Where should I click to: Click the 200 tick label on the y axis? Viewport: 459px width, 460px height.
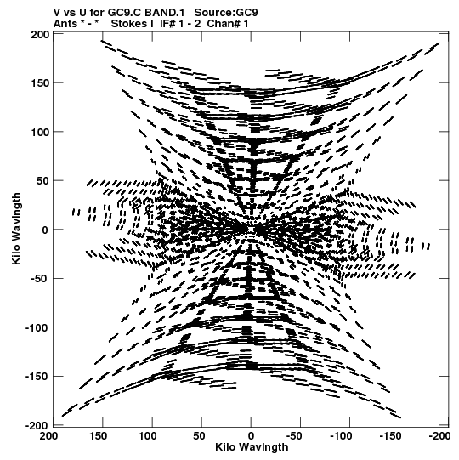point(40,35)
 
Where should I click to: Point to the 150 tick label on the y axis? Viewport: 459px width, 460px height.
point(40,83)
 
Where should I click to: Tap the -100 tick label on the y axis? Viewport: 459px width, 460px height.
point(37,327)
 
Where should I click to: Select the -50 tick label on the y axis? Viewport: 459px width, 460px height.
point(40,278)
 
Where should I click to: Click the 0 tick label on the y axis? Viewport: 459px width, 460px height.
point(45,230)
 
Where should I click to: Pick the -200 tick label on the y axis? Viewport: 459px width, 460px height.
point(37,425)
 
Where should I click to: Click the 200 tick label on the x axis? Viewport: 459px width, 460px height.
point(48,436)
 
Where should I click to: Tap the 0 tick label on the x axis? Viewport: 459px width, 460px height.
point(251,436)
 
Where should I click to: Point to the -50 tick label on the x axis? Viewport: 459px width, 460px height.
point(294,436)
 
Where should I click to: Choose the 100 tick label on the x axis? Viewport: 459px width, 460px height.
point(147,436)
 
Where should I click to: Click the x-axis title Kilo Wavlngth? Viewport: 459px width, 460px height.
point(252,447)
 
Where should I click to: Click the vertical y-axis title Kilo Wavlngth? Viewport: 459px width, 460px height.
point(16,229)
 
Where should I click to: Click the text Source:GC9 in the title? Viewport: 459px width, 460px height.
point(226,13)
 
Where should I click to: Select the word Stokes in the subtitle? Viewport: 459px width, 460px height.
point(129,24)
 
